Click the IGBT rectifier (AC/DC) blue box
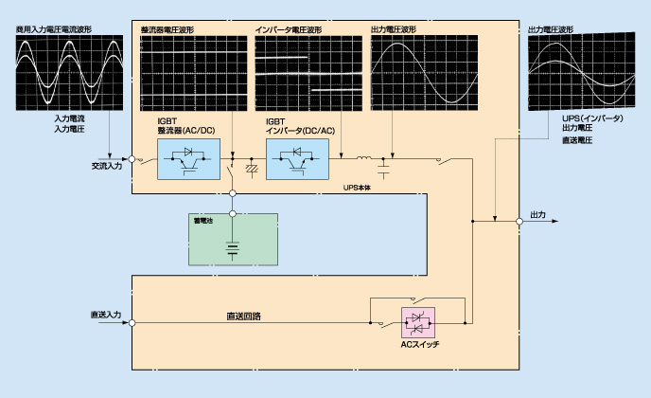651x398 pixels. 188,159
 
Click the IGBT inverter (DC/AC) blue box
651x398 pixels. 297,159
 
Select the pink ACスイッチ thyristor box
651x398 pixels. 418,323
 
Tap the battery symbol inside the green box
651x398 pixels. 233,249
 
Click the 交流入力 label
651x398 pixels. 107,166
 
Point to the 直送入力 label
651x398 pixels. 106,315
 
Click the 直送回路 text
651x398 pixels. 244,317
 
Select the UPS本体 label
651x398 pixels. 357,188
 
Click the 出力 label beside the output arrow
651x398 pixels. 538,215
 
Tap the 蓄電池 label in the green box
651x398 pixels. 203,221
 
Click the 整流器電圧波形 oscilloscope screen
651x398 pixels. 193,73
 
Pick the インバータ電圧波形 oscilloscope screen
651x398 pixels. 308,73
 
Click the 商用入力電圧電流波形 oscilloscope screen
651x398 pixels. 69,73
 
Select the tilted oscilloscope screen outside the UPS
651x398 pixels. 581,71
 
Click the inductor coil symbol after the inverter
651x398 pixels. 364,157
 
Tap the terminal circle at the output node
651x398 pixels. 519,221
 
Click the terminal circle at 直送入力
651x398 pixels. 132,323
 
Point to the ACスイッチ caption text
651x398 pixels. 420,345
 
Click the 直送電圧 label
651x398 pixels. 577,140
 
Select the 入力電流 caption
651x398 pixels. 69,119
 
